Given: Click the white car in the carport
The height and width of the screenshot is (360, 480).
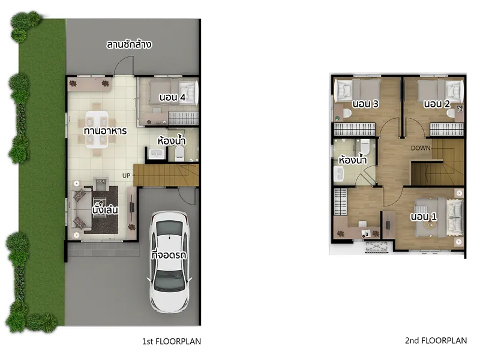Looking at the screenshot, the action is coord(169,262).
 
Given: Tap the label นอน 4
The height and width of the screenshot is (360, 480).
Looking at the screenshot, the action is coord(172,97).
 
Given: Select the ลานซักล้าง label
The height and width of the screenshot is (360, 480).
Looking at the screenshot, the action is coord(129,44).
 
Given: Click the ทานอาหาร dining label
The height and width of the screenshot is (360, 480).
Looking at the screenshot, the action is coord(105,131).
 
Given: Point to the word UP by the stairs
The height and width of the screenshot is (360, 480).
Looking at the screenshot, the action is coord(126,176).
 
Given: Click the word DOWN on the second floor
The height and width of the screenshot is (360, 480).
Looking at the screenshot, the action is coord(421,148).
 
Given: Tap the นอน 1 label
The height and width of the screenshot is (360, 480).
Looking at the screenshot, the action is coord(424,217).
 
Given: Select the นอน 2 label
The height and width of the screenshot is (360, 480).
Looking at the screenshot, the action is coord(437,104).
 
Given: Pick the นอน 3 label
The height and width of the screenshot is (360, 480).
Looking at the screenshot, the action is coord(365,104).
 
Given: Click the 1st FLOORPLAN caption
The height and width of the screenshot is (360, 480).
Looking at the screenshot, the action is coord(172,341).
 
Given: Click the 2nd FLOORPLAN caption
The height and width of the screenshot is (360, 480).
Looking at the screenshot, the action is coord(436,340).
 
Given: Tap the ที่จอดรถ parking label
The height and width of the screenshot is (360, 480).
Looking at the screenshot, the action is coord(169,254).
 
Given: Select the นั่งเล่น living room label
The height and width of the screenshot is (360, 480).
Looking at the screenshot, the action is coord(105,210).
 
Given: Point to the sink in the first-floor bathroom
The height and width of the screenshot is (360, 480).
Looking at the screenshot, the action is coord(157,154).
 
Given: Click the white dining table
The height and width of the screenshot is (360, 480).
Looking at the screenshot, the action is coord(97,130).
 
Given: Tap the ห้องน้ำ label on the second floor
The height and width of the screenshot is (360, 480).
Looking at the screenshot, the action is coord(353,160).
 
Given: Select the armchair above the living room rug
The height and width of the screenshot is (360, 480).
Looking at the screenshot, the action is coord(101,184).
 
